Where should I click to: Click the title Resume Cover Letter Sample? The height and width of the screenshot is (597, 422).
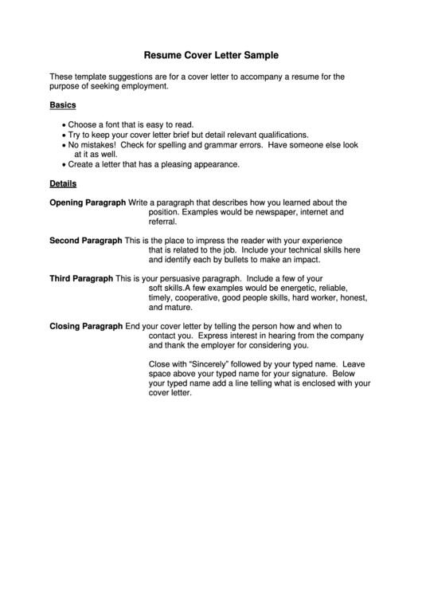pos(210,57)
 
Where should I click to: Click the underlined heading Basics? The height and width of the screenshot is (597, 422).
pos(63,105)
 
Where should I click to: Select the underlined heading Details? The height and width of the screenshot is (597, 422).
pos(63,183)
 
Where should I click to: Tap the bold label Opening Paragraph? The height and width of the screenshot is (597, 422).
pos(87,202)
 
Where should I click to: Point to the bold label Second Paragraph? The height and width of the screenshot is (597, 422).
pos(86,240)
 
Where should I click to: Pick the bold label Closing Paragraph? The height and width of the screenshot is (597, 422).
pos(86,326)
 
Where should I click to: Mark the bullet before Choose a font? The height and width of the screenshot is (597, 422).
pos(63,126)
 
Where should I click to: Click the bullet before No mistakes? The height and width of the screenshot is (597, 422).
pos(63,146)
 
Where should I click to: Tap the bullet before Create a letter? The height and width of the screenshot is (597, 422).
pos(63,165)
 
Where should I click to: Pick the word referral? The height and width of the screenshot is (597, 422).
pos(162,223)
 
